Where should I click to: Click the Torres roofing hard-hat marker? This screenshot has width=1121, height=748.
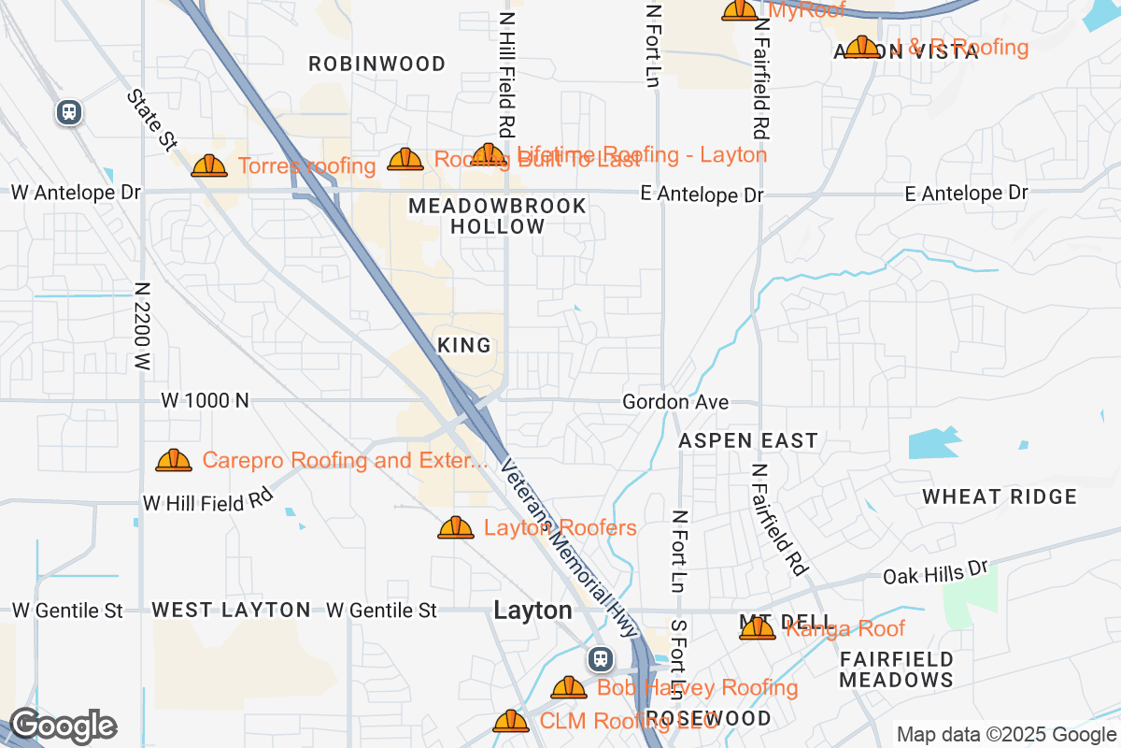click(209, 165)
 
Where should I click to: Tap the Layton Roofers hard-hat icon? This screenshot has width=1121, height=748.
click(456, 527)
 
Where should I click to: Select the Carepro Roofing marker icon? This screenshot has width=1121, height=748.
click(174, 460)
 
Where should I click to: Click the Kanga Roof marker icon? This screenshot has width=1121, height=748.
click(758, 628)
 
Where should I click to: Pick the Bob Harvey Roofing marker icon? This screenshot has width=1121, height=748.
click(569, 687)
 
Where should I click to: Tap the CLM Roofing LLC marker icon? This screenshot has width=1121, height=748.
click(511, 721)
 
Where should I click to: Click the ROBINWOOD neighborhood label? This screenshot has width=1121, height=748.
click(377, 64)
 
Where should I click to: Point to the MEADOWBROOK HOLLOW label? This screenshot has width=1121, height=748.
click(498, 216)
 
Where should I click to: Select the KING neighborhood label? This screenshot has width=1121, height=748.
click(464, 346)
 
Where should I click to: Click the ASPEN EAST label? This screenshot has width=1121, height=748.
click(748, 440)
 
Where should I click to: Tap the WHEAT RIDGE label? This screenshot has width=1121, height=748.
click(1000, 496)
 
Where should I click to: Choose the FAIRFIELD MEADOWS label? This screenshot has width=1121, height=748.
click(896, 669)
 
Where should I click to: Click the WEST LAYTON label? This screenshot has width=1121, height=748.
click(231, 610)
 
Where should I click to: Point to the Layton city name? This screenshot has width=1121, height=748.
click(532, 611)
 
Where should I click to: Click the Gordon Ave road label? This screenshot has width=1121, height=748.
click(675, 402)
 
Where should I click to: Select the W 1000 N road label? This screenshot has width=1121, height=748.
click(205, 400)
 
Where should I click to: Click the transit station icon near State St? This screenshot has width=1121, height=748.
click(69, 113)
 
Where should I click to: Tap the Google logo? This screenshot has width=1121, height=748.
click(63, 726)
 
